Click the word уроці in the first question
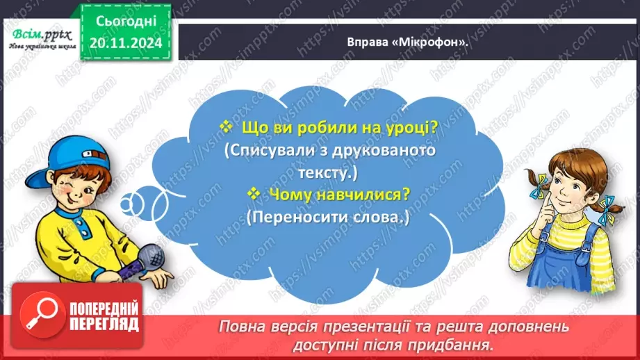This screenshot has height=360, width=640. click(x=404, y=129)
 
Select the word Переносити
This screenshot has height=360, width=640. click(x=294, y=217)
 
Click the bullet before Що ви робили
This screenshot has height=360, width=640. click(x=226, y=127)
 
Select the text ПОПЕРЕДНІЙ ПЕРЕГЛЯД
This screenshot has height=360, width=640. click(x=104, y=317)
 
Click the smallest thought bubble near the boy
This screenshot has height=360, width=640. click(x=122, y=204)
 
